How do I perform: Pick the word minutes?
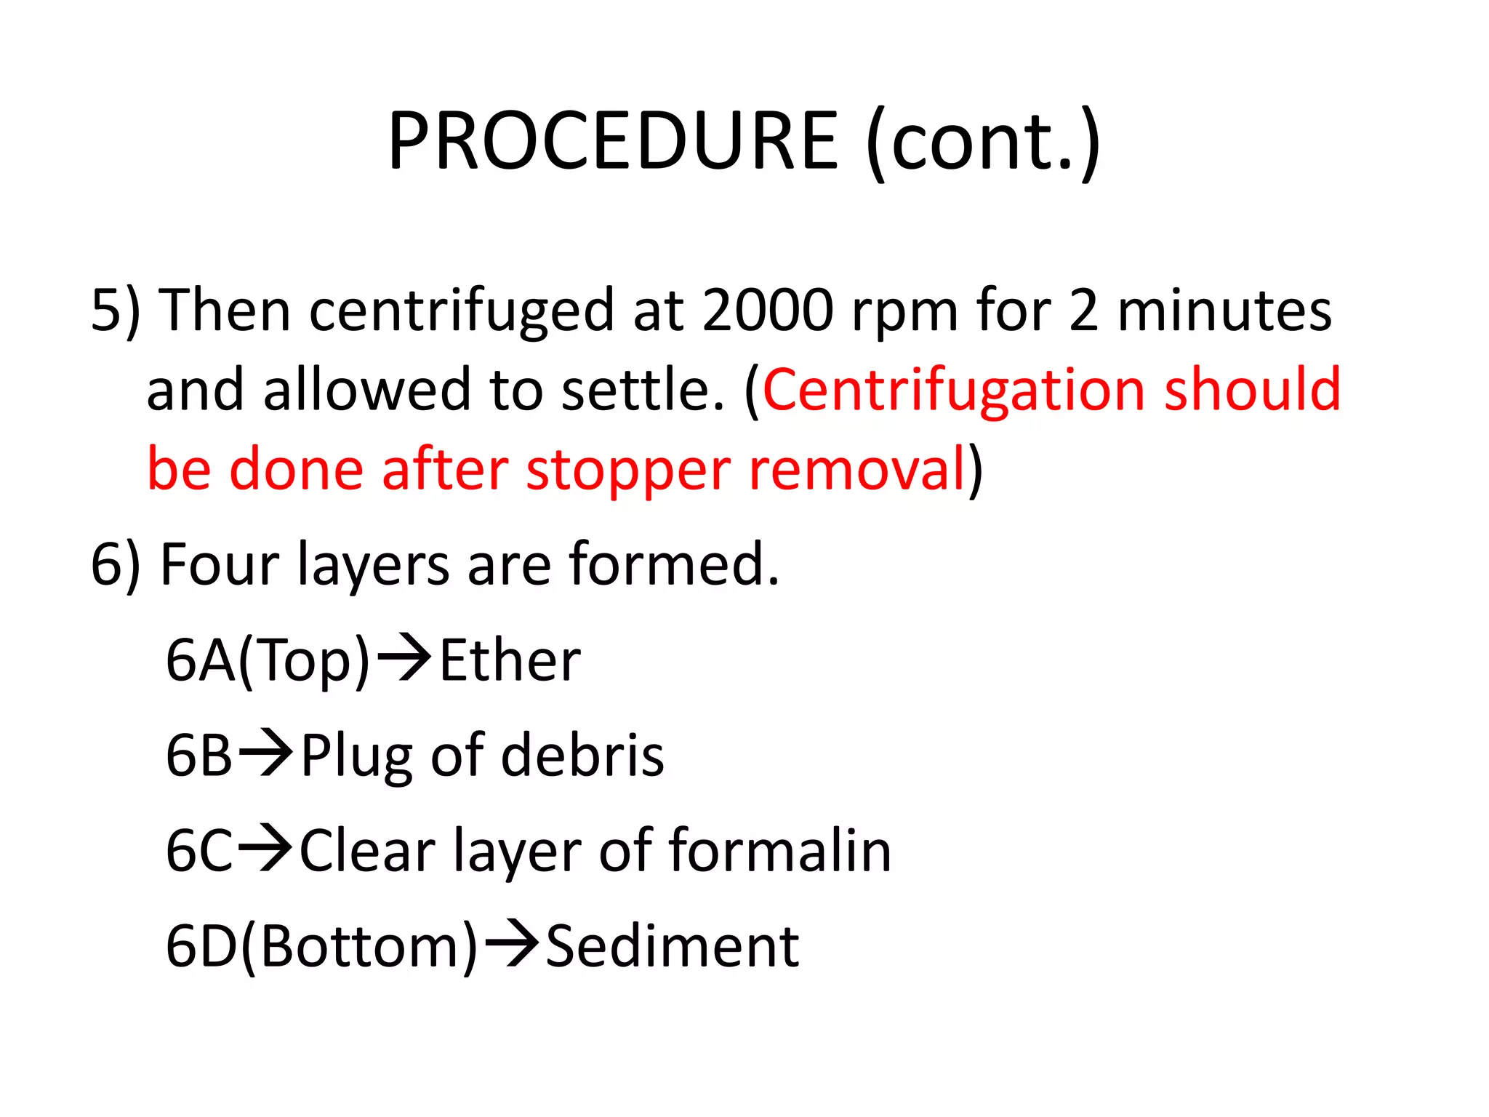coord(1224,311)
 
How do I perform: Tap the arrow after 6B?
coord(265,753)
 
